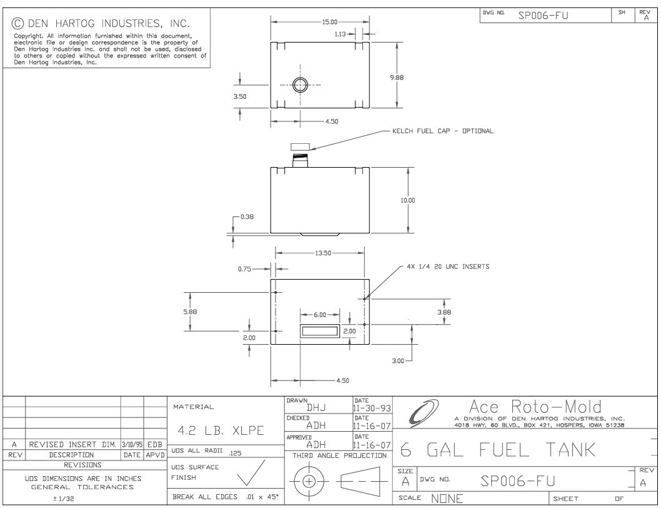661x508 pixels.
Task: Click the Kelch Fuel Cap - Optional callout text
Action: [442, 131]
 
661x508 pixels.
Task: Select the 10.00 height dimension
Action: [407, 201]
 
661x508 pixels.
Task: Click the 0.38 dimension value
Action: [247, 217]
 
